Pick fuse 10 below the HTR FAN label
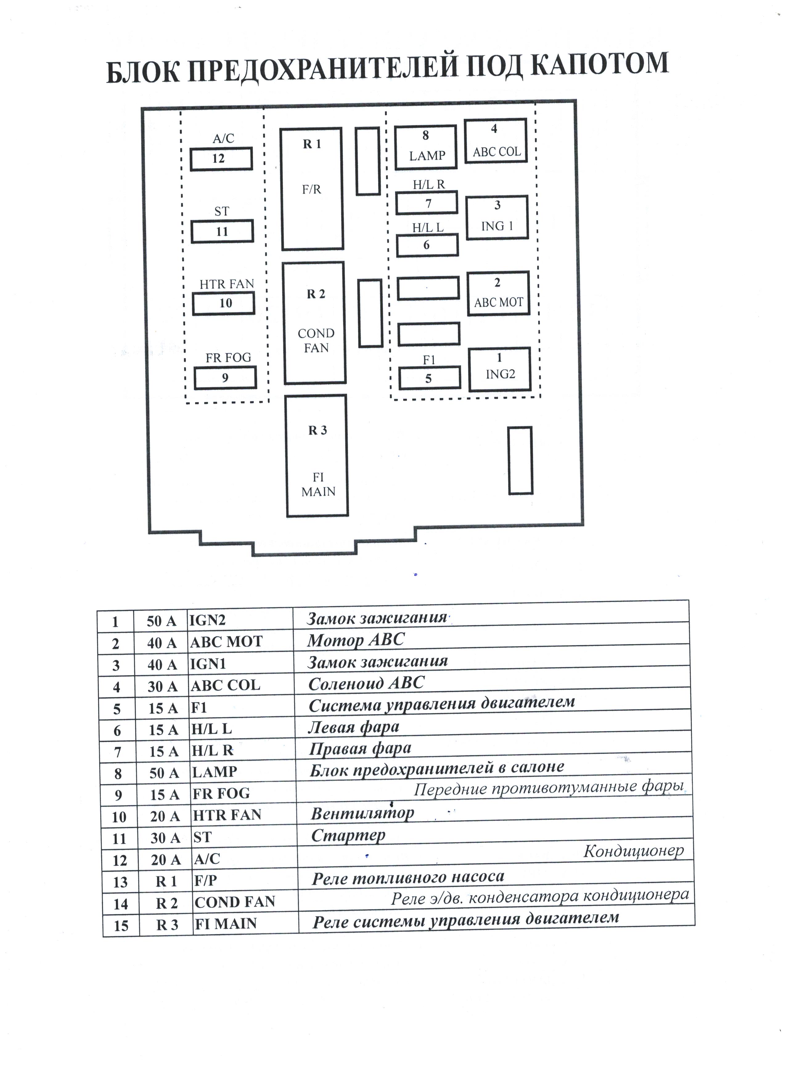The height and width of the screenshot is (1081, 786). pos(223,303)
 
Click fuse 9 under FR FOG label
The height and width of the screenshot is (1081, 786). pos(225,378)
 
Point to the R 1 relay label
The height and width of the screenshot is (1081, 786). pos(312,144)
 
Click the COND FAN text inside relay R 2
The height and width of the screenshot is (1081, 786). pos(316,340)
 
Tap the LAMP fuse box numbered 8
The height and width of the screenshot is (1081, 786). pos(426,147)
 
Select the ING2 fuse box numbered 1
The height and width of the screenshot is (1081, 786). pos(500,369)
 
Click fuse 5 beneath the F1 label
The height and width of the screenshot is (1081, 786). pos(429,378)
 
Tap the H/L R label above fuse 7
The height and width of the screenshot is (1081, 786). pos(428,185)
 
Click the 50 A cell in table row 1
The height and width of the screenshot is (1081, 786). pos(161,621)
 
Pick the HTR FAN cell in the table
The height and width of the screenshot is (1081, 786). pos(227,814)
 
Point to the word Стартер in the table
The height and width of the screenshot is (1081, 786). pos(348,835)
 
